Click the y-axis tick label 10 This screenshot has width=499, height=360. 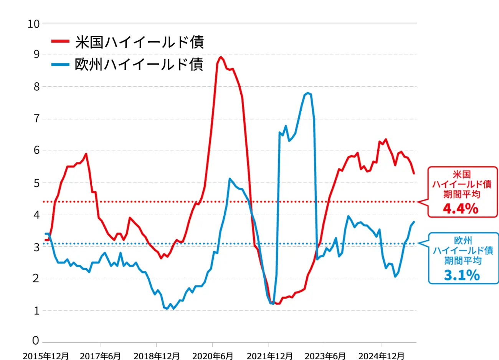tap(34, 24)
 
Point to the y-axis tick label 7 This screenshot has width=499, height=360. tap(36, 118)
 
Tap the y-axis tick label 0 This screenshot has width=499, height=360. tap(36, 340)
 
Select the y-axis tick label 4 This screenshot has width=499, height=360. tap(36, 215)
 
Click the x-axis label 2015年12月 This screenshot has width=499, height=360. tap(46, 356)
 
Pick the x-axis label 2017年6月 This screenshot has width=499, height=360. tap(100, 356)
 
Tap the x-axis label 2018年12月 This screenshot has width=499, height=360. tap(156, 356)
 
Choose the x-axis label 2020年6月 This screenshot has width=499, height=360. tap(212, 356)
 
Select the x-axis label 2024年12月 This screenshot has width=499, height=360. tap(381, 356)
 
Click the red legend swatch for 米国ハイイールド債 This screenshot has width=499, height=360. tap(60, 41)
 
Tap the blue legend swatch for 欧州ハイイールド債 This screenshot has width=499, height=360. tap(60, 64)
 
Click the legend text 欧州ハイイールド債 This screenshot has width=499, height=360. tap(139, 64)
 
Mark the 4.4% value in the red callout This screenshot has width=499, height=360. tap(461, 209)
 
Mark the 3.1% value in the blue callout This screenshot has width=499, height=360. tap(462, 275)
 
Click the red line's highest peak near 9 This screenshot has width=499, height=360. tap(221, 57)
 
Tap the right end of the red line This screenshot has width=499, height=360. tap(414, 173)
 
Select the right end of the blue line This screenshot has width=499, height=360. tap(414, 222)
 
